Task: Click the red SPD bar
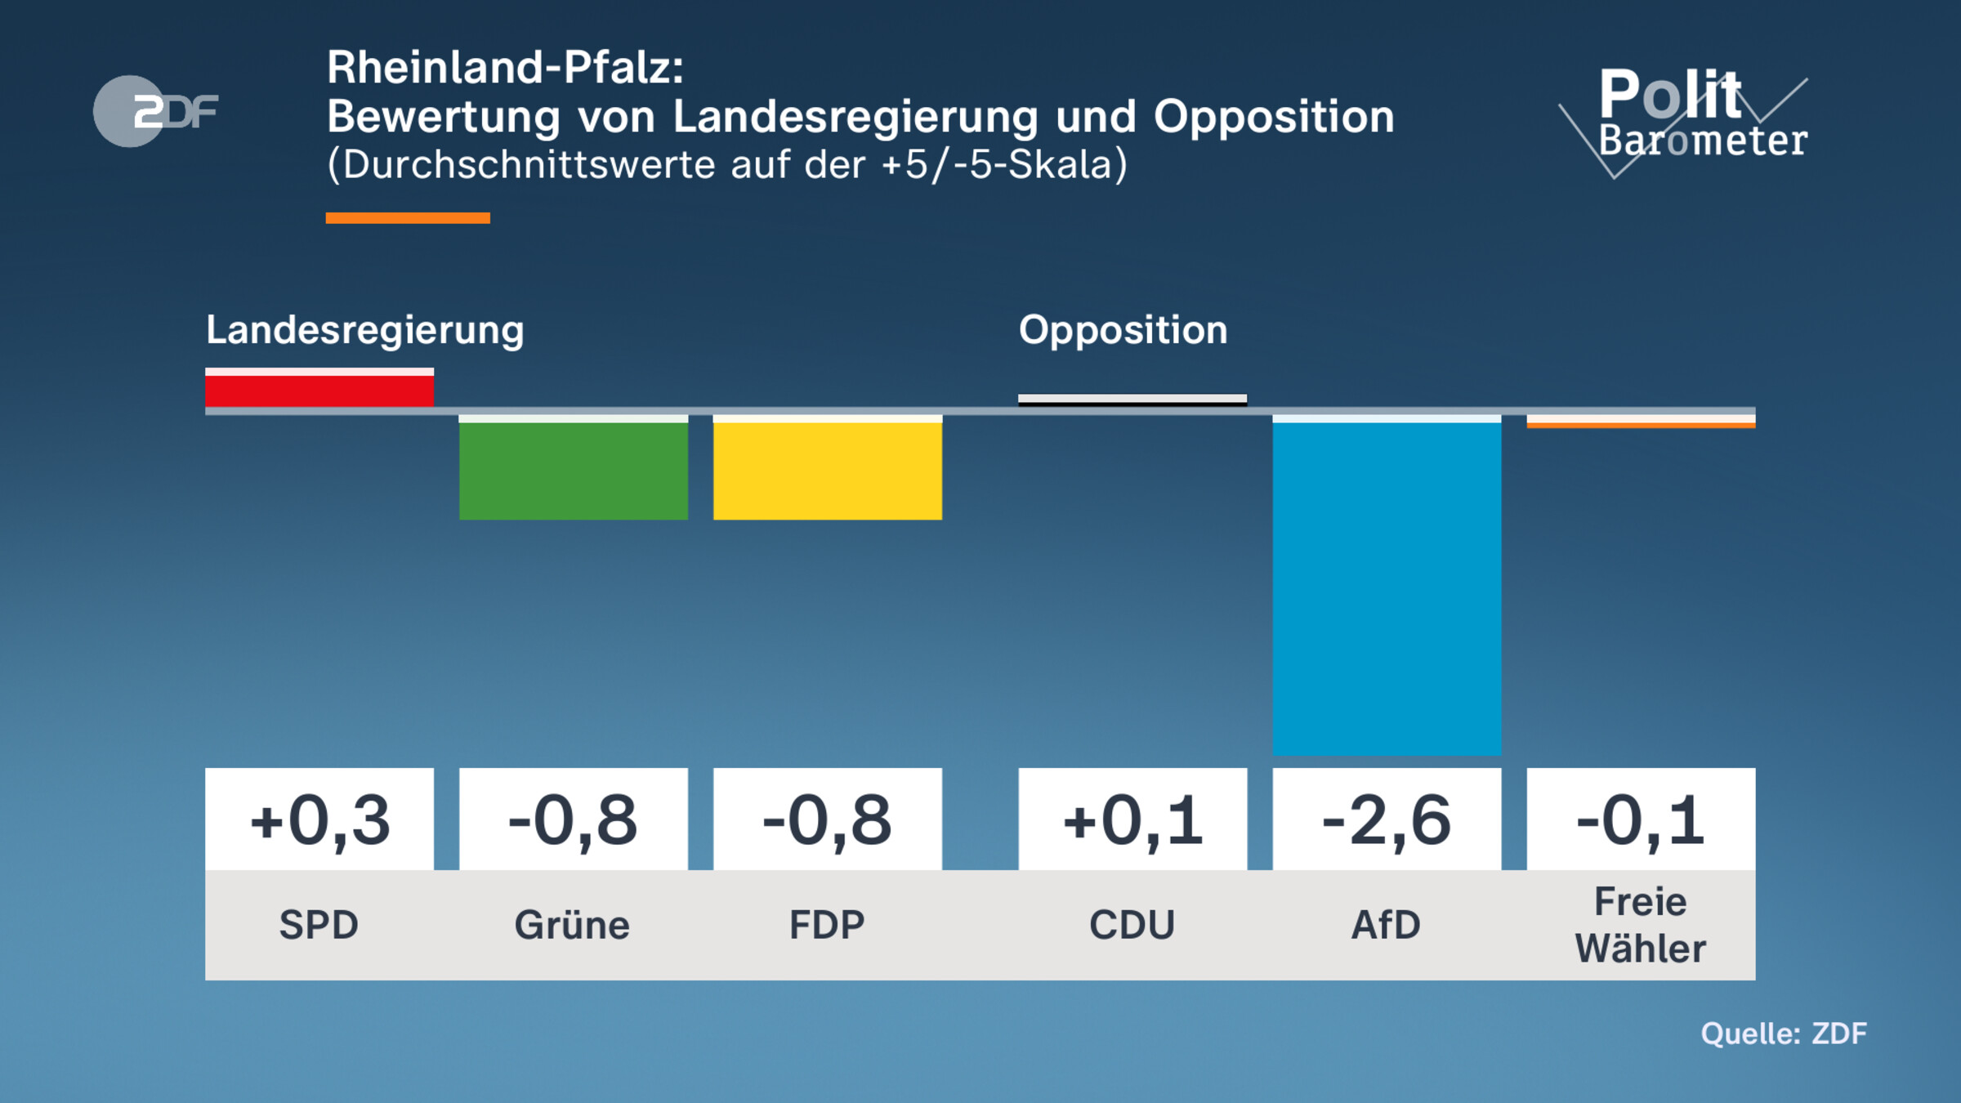click(319, 389)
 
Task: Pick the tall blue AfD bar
click(1386, 586)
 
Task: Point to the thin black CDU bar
click(1132, 400)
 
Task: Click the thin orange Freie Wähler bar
click(1640, 422)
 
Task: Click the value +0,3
click(319, 819)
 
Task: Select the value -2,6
click(1386, 819)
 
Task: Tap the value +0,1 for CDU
click(1132, 819)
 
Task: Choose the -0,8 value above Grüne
click(573, 819)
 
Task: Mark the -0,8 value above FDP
click(827, 819)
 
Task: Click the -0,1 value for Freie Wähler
click(1640, 819)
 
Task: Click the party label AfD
click(1386, 925)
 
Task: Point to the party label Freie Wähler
click(1640, 925)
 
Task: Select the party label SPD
click(319, 925)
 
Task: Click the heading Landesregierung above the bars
click(364, 331)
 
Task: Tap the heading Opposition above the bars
click(1123, 331)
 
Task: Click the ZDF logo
click(155, 111)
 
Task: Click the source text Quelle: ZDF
click(1783, 1034)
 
